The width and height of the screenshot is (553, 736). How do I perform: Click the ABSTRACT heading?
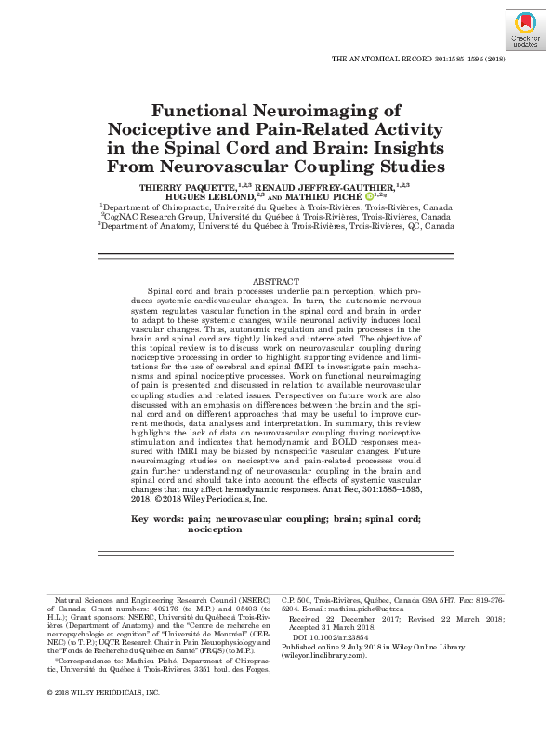[x=276, y=282]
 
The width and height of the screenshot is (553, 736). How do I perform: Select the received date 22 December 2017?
[x=354, y=619]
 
